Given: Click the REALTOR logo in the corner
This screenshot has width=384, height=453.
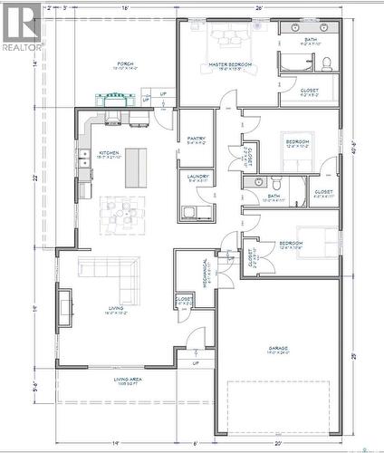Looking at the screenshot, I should pos(21,27).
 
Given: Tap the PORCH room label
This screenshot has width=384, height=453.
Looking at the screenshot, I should pos(124,64).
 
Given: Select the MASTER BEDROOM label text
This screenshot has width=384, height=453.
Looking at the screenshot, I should pos(229,65).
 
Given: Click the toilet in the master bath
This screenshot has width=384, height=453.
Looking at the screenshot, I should pos(325,63).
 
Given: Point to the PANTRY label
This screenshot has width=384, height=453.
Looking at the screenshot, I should pos(196,139).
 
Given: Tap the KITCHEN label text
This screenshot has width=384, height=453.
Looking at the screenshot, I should pos(108,154).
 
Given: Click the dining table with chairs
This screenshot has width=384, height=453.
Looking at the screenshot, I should pos(120,214).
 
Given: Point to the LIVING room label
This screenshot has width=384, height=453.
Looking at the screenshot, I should pos(116,308).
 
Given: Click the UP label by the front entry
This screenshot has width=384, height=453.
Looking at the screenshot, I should pos(196,363).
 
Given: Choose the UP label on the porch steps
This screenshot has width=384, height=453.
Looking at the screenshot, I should pos(163,93).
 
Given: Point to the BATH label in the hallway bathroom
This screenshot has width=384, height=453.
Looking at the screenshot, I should pos(273,195).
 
